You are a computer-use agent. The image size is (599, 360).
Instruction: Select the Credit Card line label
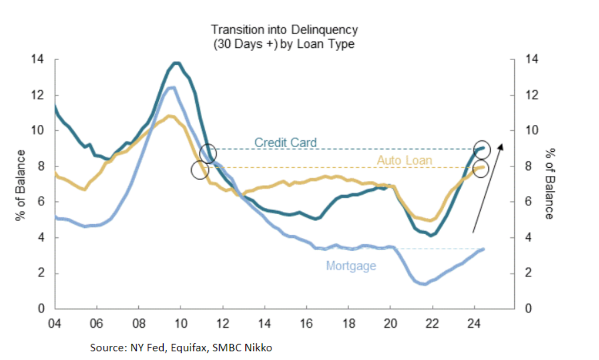[x=285, y=143]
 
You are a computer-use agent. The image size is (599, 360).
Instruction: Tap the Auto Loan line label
[x=405, y=160]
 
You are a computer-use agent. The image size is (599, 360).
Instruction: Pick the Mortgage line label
[x=351, y=266]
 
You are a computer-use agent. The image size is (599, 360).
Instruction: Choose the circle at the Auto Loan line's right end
[x=481, y=168]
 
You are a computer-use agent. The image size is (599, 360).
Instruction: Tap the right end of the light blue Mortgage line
[x=483, y=249]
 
